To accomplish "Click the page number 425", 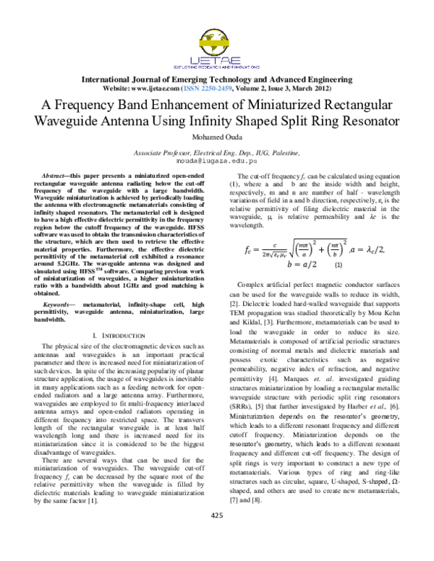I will (216, 535).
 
